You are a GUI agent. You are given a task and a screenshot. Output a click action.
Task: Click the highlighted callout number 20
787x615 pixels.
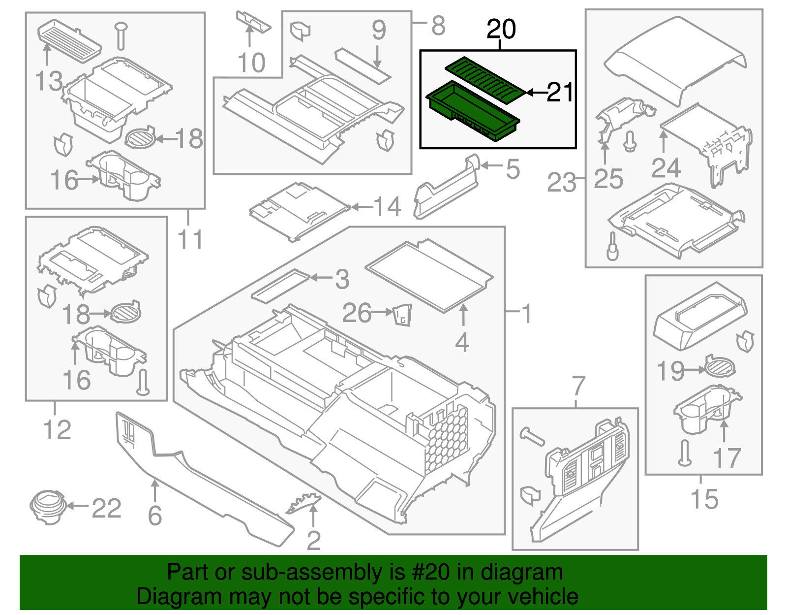(x=501, y=29)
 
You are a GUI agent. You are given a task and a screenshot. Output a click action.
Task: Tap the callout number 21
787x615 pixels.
(x=560, y=92)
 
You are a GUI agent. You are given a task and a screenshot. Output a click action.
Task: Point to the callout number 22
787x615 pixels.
(x=106, y=508)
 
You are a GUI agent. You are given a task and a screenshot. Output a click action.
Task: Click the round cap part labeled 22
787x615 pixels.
(x=47, y=507)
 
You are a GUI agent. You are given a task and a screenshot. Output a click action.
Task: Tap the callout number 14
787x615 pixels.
(x=388, y=206)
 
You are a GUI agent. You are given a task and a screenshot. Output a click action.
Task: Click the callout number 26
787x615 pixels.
(x=357, y=313)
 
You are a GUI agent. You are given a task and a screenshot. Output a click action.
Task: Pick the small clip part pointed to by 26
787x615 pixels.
(x=402, y=315)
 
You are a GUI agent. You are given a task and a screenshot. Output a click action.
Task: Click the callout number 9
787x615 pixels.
(x=378, y=31)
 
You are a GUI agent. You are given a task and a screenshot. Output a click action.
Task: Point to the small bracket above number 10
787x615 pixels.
(x=253, y=21)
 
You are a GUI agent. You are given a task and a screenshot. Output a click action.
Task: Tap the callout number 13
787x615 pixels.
(x=49, y=81)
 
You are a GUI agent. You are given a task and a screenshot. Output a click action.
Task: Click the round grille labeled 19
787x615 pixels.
(x=720, y=366)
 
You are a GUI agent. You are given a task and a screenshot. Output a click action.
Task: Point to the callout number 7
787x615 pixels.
(x=578, y=386)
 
